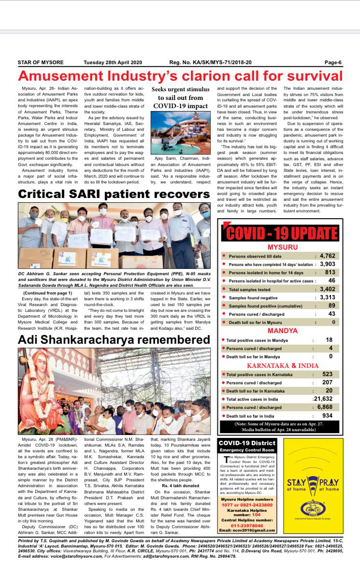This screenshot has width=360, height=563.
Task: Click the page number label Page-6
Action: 333,62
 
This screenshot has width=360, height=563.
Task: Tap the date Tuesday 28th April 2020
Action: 113,62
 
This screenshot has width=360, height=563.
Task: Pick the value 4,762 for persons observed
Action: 327,255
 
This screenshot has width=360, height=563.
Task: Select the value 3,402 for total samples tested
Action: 327,289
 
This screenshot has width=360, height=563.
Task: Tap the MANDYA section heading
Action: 282,331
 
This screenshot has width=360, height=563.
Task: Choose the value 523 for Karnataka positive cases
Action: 328,374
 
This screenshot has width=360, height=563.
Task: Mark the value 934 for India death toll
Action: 328,416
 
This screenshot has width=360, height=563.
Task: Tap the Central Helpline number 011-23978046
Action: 247,525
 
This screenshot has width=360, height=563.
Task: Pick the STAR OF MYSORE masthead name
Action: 41,62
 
